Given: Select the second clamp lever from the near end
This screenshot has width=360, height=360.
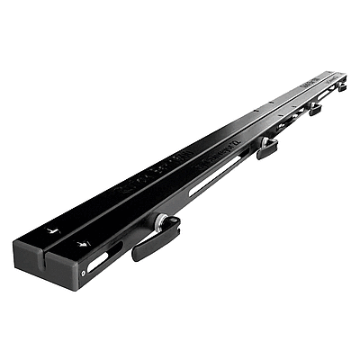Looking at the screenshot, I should (x=266, y=148).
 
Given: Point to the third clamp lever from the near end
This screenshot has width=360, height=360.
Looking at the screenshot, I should (x=314, y=110).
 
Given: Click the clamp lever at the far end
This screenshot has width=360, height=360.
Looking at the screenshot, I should (x=342, y=87).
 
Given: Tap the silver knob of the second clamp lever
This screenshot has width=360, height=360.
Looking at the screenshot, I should (x=267, y=141).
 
